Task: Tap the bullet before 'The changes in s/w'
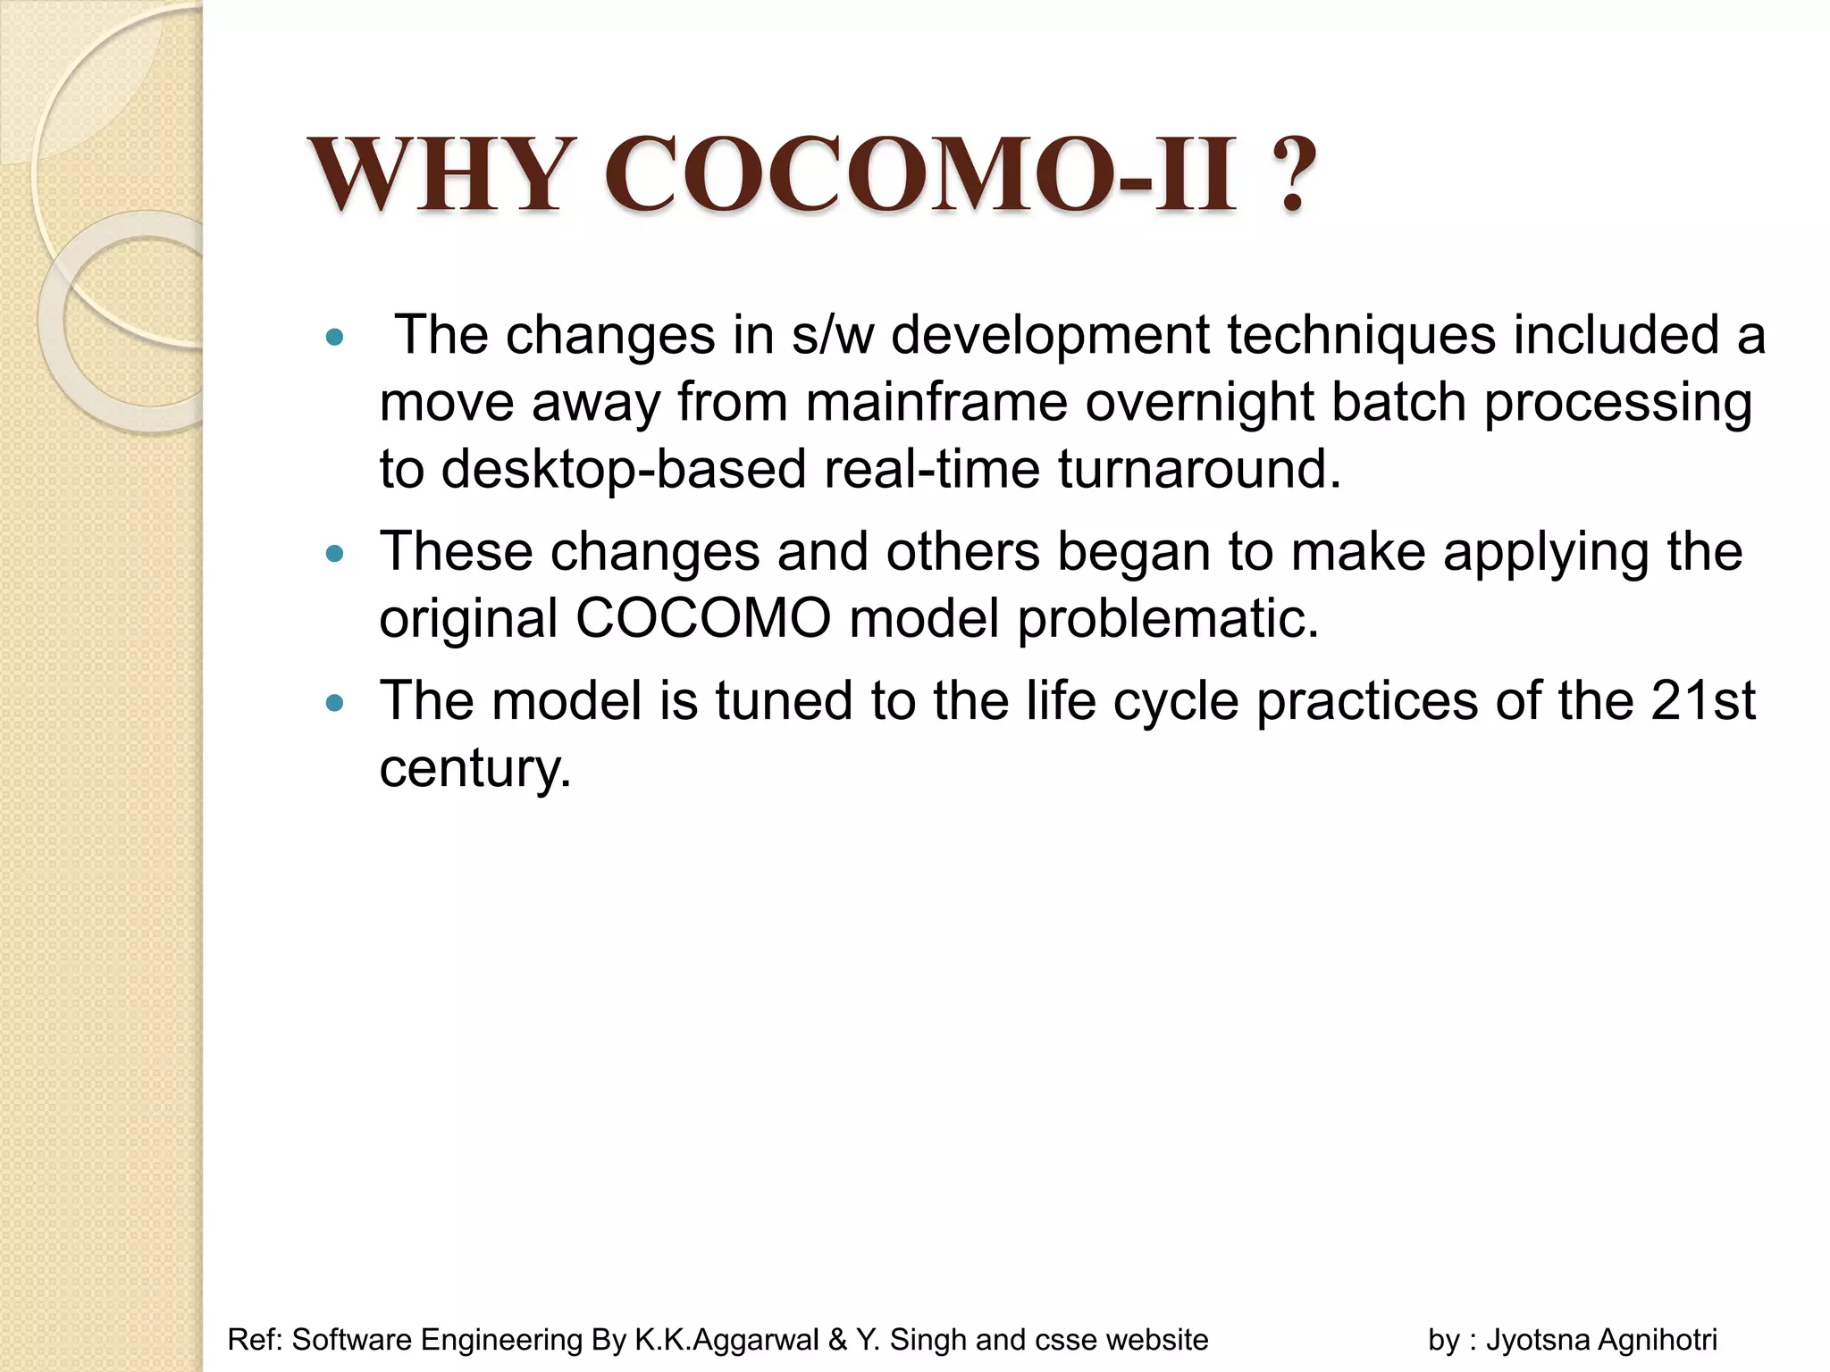335,338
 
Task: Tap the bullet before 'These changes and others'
335,554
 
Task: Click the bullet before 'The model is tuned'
335,703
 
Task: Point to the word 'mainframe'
936,402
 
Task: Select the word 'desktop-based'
623,469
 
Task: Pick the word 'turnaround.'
1199,469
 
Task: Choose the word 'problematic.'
1168,618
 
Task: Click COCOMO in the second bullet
703,618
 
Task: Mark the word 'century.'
474,768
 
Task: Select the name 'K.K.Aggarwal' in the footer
726,1340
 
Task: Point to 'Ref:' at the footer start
256,1340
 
